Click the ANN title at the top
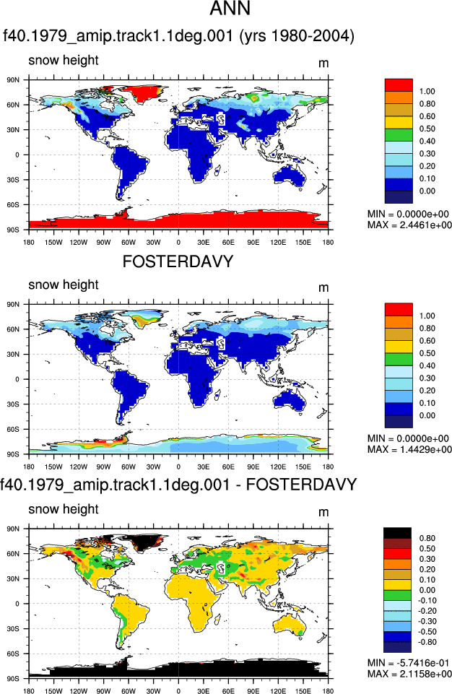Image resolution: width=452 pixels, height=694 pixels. (x=230, y=9)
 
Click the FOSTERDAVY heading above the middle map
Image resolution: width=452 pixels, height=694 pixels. (x=178, y=261)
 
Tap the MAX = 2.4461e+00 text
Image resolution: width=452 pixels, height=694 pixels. (x=409, y=225)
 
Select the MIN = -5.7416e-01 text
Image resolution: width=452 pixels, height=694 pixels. (x=408, y=663)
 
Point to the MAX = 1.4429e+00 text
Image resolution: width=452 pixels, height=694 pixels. (x=409, y=449)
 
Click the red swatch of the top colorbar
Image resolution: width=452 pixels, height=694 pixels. (x=399, y=84)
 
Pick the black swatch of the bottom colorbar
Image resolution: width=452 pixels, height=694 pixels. (x=398, y=532)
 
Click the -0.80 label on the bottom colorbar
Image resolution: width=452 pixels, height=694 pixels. (x=427, y=642)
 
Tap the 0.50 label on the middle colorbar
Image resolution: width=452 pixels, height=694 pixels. (x=427, y=353)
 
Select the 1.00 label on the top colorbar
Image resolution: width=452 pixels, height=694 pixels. (x=427, y=91)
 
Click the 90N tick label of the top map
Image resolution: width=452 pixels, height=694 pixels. (x=13, y=79)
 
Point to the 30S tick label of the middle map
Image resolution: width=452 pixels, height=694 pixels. (x=13, y=404)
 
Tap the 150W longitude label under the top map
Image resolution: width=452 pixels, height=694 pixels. (x=53, y=242)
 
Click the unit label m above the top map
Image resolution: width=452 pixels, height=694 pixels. (x=323, y=64)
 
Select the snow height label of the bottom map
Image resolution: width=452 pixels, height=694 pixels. (x=64, y=509)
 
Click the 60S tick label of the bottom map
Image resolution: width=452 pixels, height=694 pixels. (x=13, y=654)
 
